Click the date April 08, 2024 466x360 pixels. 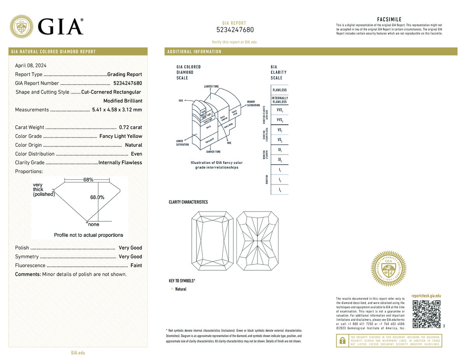(31, 65)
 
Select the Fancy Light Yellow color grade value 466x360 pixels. (121, 136)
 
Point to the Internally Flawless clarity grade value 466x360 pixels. (120, 163)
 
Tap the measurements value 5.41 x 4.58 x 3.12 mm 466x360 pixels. (117, 110)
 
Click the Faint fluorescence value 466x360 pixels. (136, 266)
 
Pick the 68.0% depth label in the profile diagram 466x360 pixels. (97, 197)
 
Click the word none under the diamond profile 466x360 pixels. (94, 224)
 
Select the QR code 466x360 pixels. (426, 314)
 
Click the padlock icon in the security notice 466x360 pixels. (342, 341)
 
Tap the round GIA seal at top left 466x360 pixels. (21, 26)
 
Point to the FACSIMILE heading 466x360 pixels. (389, 19)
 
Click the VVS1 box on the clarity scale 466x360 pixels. (280, 110)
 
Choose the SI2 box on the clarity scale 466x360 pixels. (280, 160)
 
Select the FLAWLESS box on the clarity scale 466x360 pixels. (280, 90)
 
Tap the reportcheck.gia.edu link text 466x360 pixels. (426, 296)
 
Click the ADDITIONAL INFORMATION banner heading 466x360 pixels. (194, 52)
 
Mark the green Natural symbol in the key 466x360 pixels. (172, 289)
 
